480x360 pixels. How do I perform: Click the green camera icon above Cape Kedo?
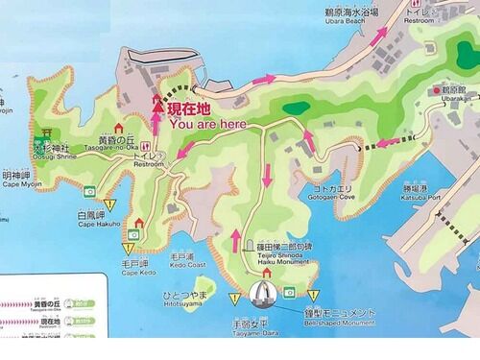point(135,232)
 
